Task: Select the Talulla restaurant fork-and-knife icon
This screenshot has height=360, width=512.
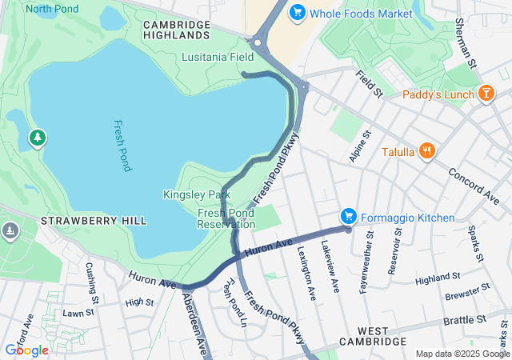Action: pyautogui.click(x=428, y=150)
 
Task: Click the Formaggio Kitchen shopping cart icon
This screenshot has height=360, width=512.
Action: pyautogui.click(x=348, y=217)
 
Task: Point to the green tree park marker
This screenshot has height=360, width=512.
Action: pyautogui.click(x=38, y=139)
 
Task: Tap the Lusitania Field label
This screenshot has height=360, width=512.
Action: pyautogui.click(x=218, y=58)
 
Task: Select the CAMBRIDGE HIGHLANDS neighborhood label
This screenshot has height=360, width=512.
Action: pyautogui.click(x=176, y=30)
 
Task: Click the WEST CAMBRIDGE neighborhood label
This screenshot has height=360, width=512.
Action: pyautogui.click(x=374, y=336)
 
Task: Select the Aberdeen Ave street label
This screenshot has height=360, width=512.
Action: pyautogui.click(x=196, y=323)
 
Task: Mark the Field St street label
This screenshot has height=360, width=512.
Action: pyautogui.click(x=370, y=83)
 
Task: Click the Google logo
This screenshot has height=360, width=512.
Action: pyautogui.click(x=26, y=350)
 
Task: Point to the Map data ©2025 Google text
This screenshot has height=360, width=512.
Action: pyautogui.click(x=462, y=354)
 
